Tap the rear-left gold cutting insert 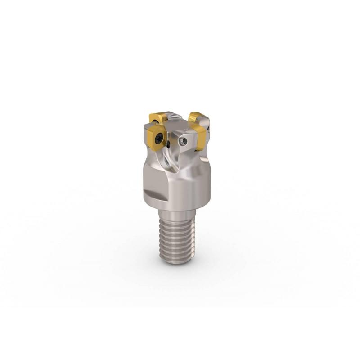click(x=157, y=118)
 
